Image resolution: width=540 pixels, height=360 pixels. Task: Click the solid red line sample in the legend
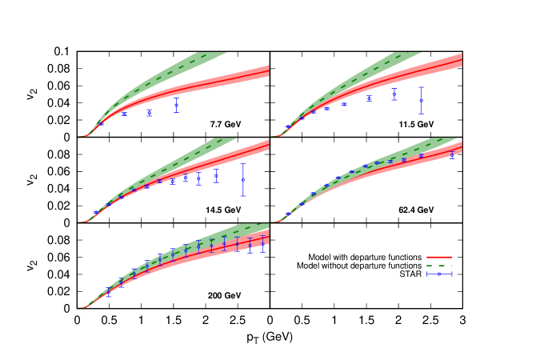439,258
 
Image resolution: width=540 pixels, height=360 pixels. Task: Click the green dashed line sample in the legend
439,266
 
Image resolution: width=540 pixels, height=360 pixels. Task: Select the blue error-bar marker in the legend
439,274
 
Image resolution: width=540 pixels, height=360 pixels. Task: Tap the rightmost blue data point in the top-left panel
177,105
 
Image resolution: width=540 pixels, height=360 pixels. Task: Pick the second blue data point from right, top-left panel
149,112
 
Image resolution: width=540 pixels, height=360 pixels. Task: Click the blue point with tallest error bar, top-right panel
421,100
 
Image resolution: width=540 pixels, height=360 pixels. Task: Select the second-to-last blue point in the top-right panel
394,94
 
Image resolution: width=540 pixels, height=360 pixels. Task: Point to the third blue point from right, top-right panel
369,99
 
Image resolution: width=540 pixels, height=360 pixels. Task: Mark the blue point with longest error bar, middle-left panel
243,179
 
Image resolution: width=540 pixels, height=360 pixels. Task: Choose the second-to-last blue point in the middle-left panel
216,175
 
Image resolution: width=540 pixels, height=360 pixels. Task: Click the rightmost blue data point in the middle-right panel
452,155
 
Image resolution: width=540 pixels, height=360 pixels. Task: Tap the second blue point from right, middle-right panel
421,155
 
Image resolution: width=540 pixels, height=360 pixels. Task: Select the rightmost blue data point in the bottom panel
262,242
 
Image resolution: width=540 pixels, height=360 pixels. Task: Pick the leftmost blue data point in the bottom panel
108,293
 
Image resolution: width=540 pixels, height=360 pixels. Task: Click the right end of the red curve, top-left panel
269,70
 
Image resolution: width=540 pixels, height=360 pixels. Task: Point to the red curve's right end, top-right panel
462,60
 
